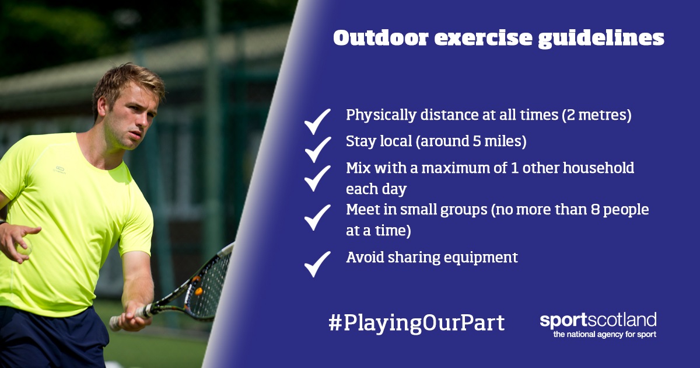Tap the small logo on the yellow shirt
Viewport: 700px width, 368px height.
point(60,169)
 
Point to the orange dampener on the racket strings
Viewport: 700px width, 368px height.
point(198,291)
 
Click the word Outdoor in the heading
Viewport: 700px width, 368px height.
point(380,39)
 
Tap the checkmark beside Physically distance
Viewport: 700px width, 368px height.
point(317,121)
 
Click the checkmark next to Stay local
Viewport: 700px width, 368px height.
point(317,150)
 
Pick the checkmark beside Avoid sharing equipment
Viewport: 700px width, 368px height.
point(317,264)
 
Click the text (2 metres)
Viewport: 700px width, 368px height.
point(597,115)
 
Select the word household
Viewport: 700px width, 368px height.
point(598,168)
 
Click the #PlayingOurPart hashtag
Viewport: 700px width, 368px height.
point(416,323)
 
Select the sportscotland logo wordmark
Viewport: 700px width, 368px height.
point(598,321)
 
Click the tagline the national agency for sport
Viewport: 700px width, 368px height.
point(605,334)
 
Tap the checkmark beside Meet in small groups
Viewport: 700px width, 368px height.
point(317,217)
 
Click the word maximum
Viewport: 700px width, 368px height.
point(456,168)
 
